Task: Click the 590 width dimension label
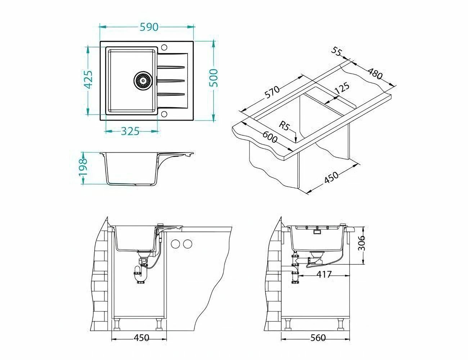click(x=149, y=27)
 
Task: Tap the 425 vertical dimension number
click(x=88, y=79)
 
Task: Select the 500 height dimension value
click(x=213, y=78)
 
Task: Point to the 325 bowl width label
click(x=130, y=131)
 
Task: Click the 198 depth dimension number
click(x=83, y=167)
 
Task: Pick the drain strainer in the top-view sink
click(x=143, y=81)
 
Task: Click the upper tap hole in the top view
click(x=164, y=47)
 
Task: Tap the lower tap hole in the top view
click(x=164, y=113)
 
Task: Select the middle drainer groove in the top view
click(x=171, y=81)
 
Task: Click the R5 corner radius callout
click(x=284, y=126)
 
